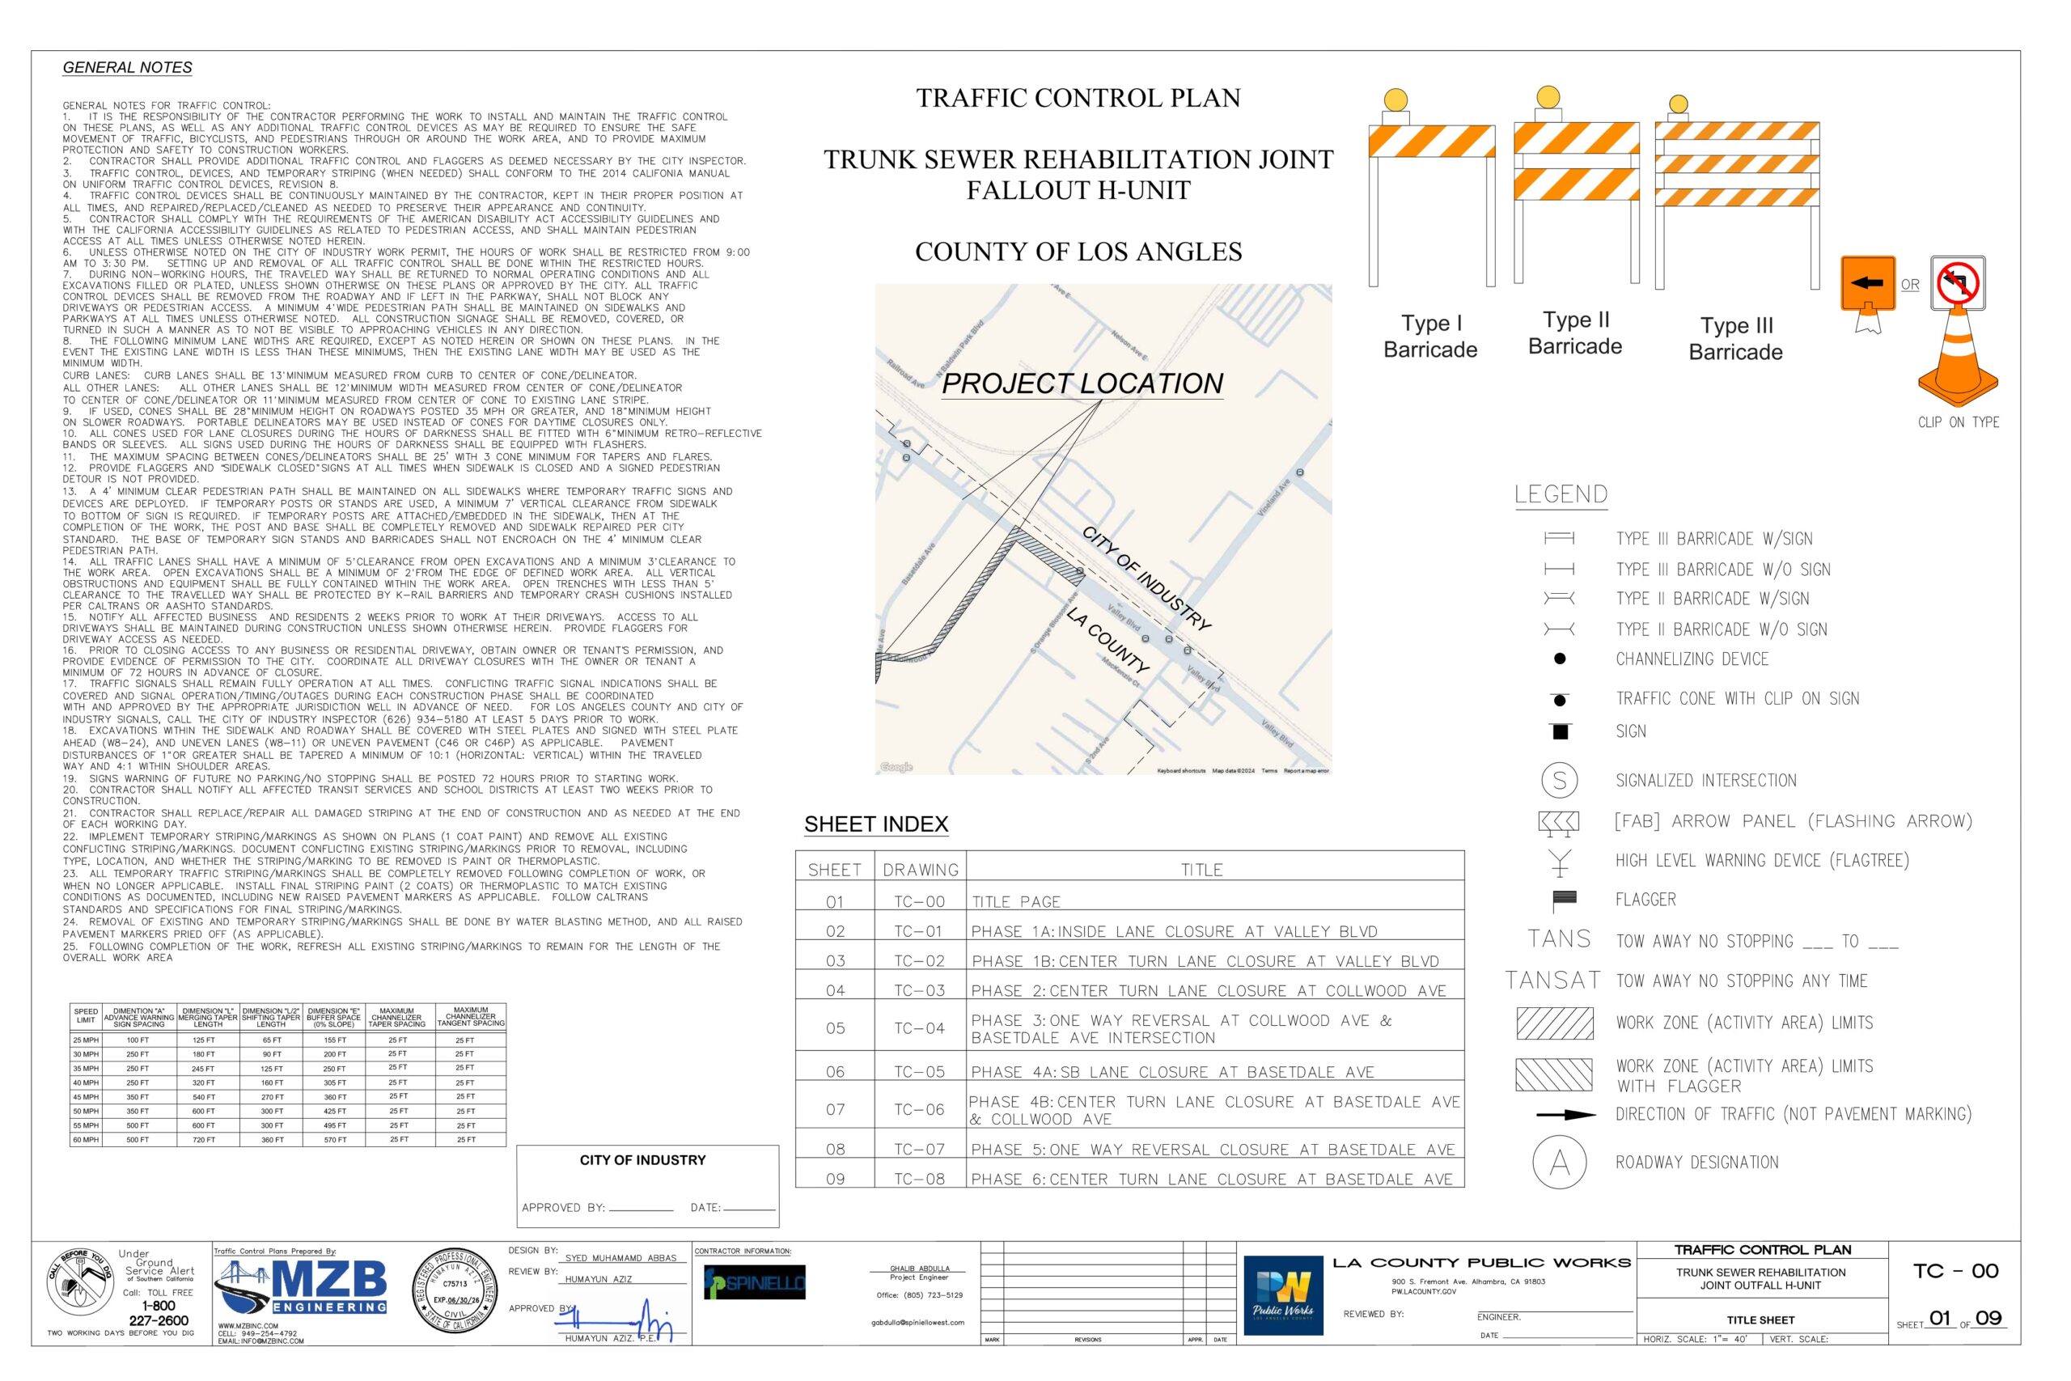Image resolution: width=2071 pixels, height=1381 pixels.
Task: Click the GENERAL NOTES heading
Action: pos(127,68)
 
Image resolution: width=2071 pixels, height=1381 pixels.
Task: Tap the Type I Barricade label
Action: pos(1429,337)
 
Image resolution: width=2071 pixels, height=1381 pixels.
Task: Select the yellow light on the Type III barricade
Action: pos(1679,104)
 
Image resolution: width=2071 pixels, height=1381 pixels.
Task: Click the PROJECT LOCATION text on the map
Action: pos(1082,384)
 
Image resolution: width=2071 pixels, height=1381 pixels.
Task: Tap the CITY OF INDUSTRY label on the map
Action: pos(1146,578)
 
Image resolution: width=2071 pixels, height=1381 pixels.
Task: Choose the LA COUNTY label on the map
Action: pos(1107,640)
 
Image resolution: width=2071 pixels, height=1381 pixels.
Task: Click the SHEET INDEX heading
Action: pos(875,824)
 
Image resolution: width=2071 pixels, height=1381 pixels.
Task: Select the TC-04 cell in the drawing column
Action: pos(919,1027)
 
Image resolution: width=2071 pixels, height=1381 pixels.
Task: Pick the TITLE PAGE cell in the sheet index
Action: pos(1016,902)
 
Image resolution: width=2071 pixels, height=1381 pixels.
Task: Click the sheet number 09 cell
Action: pos(835,1179)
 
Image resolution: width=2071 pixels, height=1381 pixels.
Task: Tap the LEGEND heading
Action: pos(1561,495)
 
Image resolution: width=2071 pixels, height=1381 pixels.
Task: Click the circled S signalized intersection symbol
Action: pos(1560,781)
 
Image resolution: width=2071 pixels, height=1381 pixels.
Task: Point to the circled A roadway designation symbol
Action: pos(1560,1163)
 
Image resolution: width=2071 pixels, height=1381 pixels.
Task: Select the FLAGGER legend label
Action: pos(1645,900)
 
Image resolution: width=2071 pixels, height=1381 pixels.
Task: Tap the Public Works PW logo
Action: pos(1282,1294)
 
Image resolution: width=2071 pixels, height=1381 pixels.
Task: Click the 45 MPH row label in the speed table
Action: pos(86,1097)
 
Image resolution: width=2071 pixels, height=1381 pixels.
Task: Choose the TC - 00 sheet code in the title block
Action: pos(1955,1271)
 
